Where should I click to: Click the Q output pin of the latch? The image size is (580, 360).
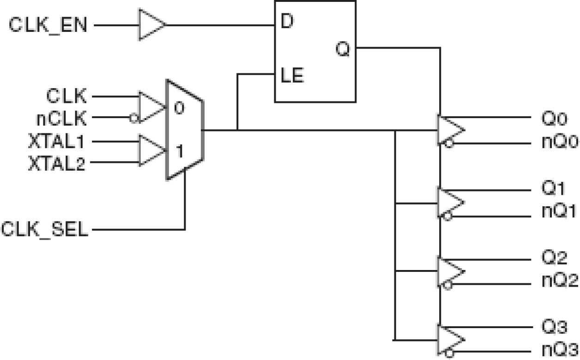pos(342,49)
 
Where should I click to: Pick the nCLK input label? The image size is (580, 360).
pos(61,119)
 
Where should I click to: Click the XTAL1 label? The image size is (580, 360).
pos(56,142)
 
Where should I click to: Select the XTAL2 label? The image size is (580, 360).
pos(56,163)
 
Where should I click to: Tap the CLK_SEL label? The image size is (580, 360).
pos(44,229)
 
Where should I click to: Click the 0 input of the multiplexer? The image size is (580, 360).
pos(179,109)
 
